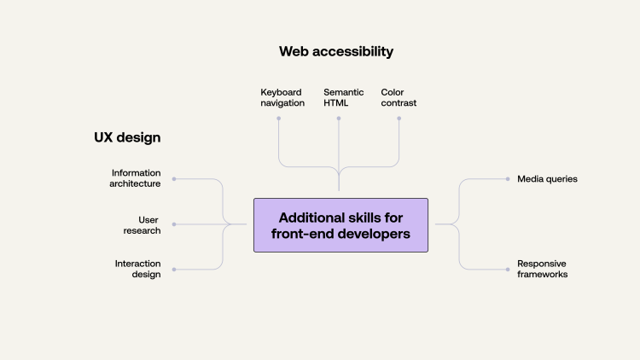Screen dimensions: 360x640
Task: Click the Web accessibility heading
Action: click(336, 51)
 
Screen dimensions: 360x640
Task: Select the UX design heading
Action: click(127, 136)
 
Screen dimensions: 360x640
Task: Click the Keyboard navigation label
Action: click(282, 97)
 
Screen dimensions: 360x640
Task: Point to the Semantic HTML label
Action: click(343, 97)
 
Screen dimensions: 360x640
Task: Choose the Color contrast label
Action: click(399, 97)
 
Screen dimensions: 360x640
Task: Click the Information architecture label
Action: click(136, 178)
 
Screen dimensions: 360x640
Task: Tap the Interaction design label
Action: click(137, 269)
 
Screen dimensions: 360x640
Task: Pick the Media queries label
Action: click(547, 179)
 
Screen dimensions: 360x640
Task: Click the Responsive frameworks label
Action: click(542, 269)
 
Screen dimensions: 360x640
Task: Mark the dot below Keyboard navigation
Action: click(279, 119)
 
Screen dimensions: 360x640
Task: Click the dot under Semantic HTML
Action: click(339, 119)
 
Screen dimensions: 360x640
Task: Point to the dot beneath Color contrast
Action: click(399, 119)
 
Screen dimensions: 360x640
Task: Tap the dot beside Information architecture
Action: click(174, 179)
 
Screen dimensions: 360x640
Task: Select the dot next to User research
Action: click(174, 224)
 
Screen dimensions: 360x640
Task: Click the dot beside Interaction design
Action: click(174, 270)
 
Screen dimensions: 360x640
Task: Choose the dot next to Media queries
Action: click(508, 179)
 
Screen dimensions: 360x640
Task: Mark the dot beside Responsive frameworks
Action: click(508, 270)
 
